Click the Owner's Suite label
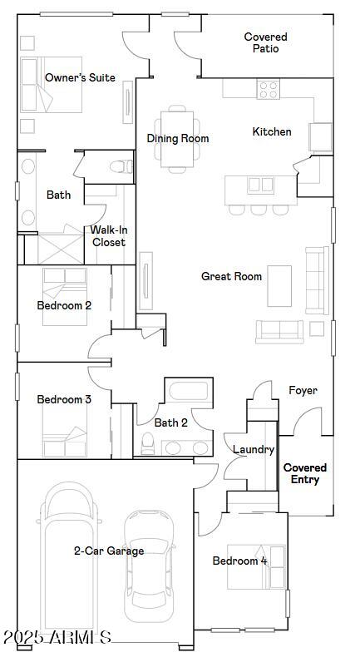click(x=80, y=77)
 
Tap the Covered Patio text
click(x=266, y=42)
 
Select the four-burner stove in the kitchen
click(x=269, y=89)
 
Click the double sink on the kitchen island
click(x=260, y=185)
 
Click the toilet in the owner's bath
click(x=121, y=166)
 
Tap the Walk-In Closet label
click(x=109, y=236)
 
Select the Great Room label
click(x=231, y=276)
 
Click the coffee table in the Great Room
click(x=279, y=286)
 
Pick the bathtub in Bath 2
click(x=189, y=391)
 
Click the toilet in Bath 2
click(x=147, y=443)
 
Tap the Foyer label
click(x=303, y=390)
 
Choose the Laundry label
click(x=254, y=449)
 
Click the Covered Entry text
click(x=305, y=473)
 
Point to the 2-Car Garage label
click(x=109, y=551)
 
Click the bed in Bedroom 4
click(x=256, y=566)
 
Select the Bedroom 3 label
click(x=64, y=399)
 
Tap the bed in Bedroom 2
click(x=65, y=297)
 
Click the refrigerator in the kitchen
click(x=320, y=137)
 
